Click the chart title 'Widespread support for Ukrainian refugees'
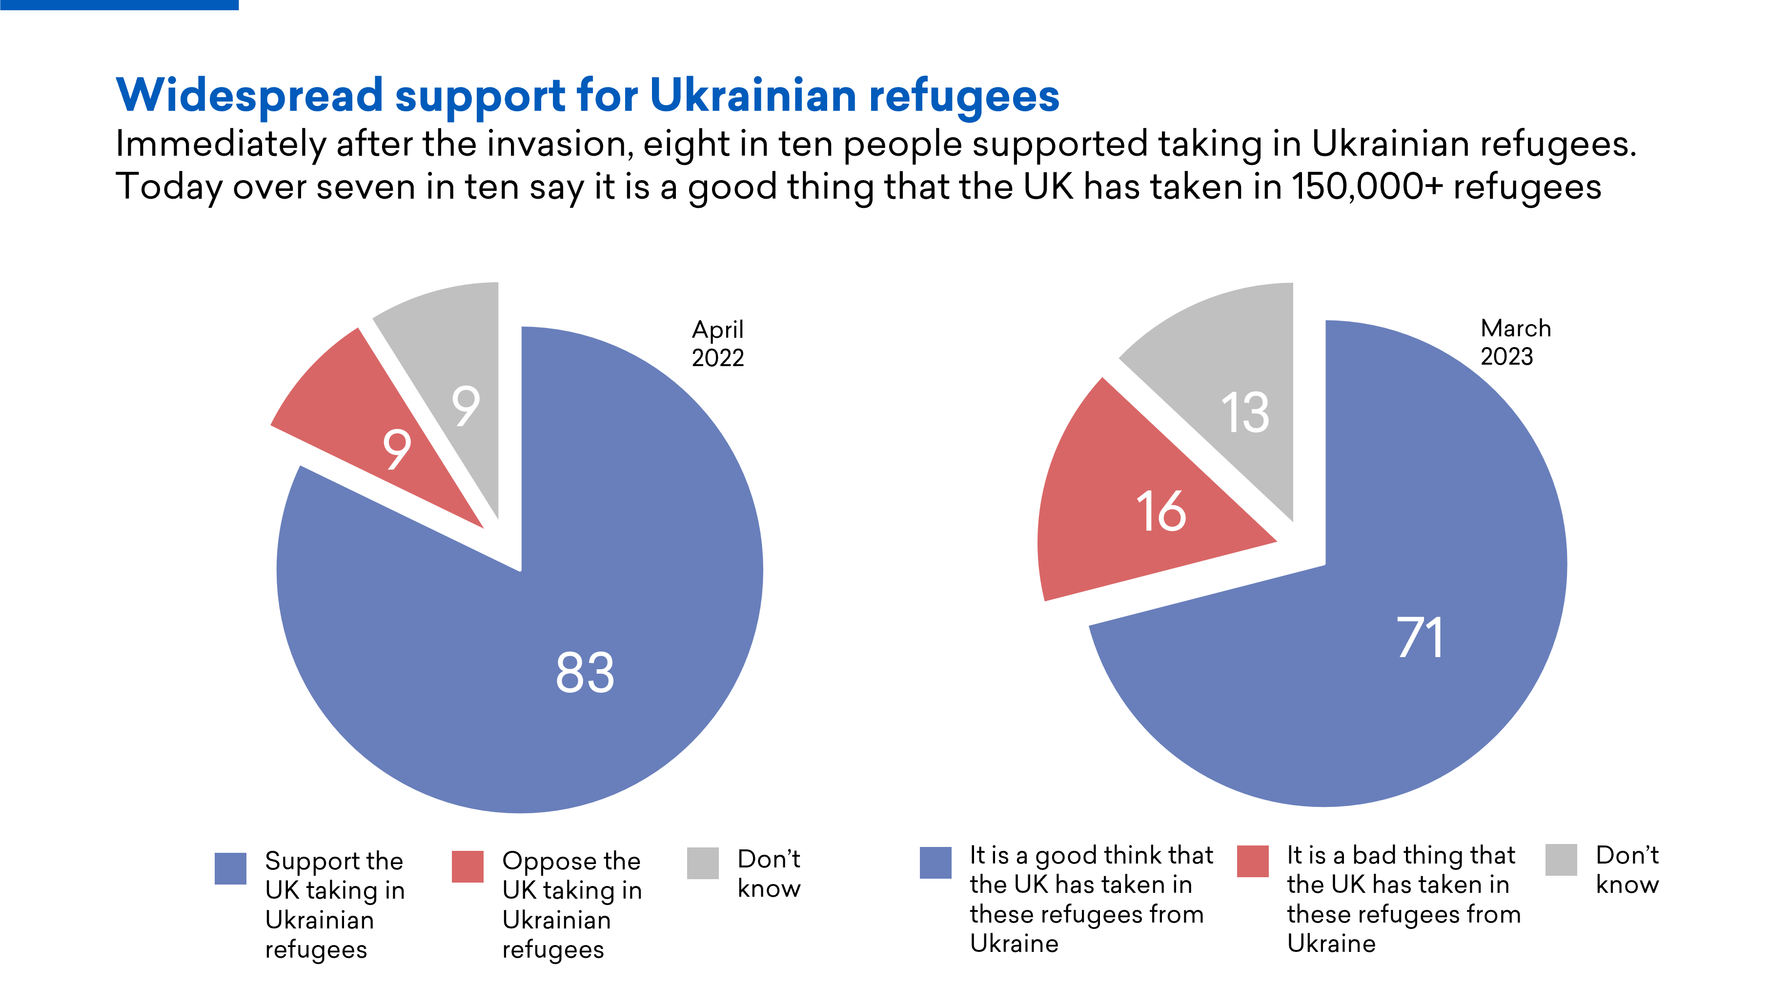click(x=587, y=95)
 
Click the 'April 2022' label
click(x=717, y=343)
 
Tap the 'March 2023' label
click(x=1515, y=342)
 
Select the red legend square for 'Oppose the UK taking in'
click(x=467, y=866)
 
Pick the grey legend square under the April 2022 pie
click(x=703, y=863)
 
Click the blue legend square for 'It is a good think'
click(x=936, y=863)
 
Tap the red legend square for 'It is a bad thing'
click(x=1253, y=861)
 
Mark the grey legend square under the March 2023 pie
click(x=1561, y=860)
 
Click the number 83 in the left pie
click(x=585, y=673)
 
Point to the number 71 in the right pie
click(x=1420, y=638)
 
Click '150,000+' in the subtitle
click(x=1366, y=187)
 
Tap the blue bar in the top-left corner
click(x=119, y=4)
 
